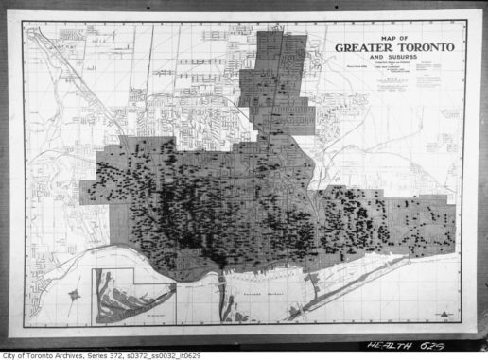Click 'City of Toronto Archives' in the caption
coord(43,355)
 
